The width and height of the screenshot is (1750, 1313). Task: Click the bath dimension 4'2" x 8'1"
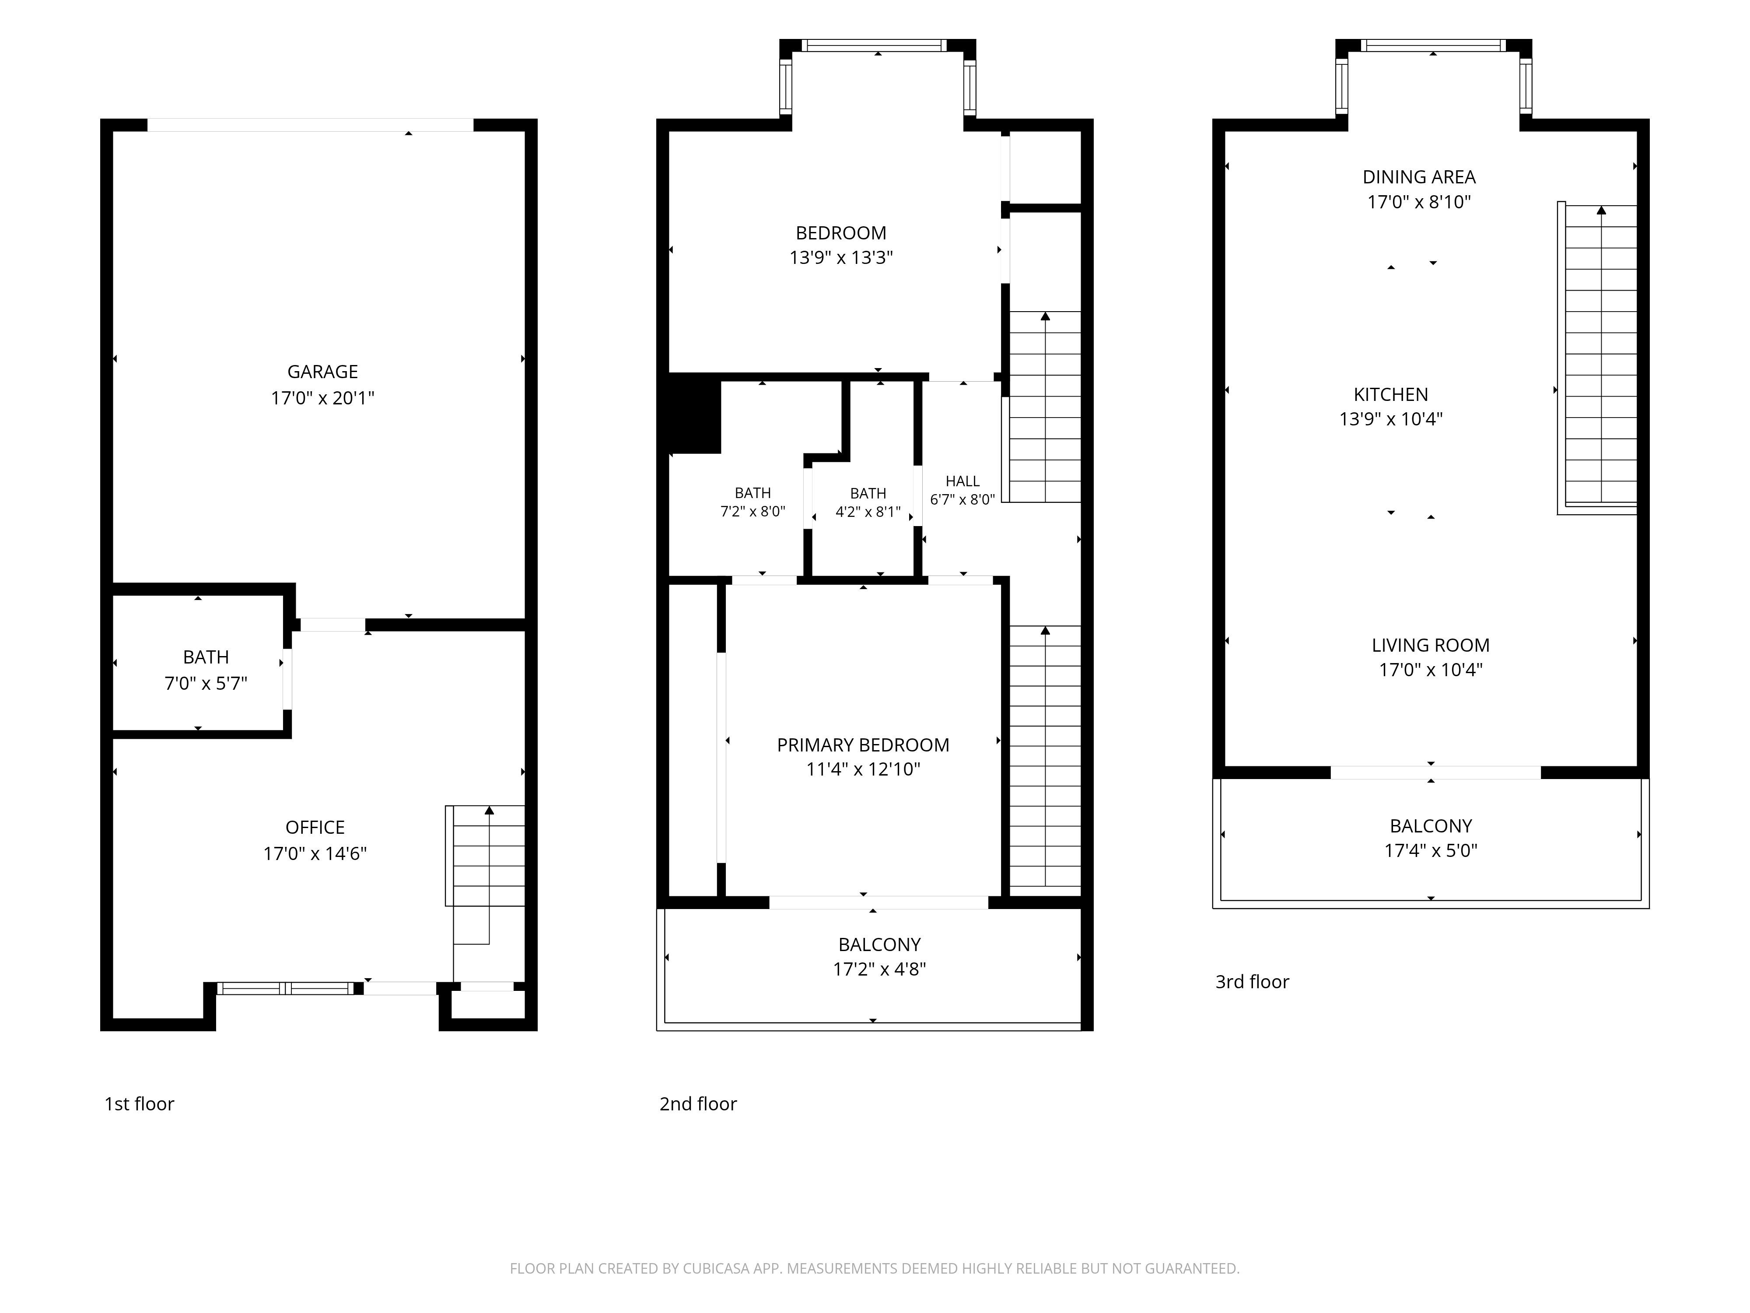[x=868, y=512]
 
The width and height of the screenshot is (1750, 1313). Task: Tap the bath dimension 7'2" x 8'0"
[x=752, y=512]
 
